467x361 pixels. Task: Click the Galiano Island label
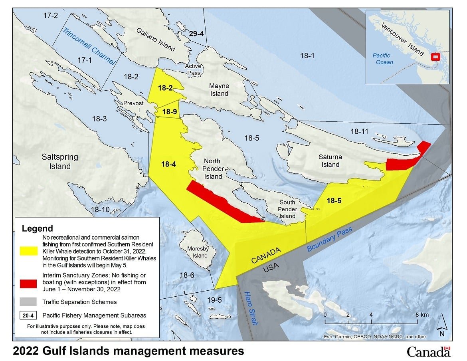tap(156, 39)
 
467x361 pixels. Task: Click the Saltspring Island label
tap(60, 161)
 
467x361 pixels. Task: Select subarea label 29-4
tap(196, 34)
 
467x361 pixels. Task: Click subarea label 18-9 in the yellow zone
tap(166, 112)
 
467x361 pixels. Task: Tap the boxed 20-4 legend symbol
tap(28, 315)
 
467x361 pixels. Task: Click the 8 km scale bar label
tap(421, 315)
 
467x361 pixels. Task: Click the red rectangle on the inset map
tap(435, 57)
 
